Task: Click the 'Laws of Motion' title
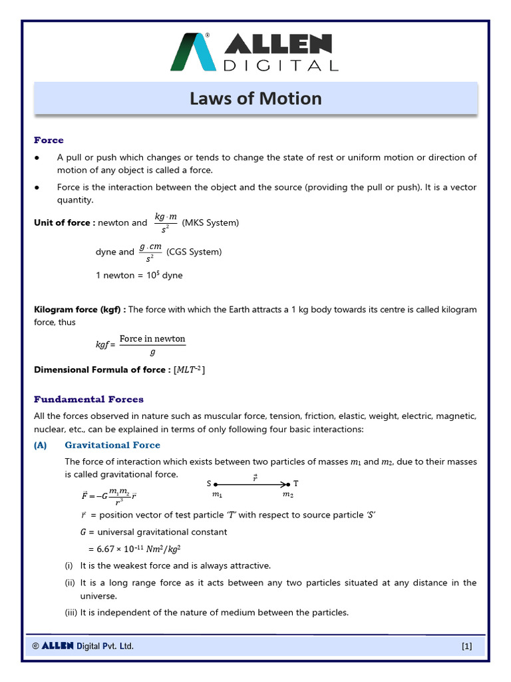tap(255, 99)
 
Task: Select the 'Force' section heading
tap(49, 140)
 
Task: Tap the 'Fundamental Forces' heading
tap(88, 399)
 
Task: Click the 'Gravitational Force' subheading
tap(112, 445)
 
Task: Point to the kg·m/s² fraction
tap(165, 223)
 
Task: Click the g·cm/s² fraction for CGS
tap(150, 252)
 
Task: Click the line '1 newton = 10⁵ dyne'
tap(139, 275)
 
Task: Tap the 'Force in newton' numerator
tap(152, 338)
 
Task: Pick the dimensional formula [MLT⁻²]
tap(190, 370)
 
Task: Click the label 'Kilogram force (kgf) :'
tap(80, 310)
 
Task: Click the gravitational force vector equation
tap(109, 496)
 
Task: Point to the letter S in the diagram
tap(209, 484)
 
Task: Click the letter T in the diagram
tap(296, 484)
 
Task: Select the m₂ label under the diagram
tap(287, 495)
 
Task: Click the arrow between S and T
tap(252, 484)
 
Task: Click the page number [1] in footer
tap(466, 646)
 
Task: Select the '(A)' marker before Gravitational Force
tap(41, 445)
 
